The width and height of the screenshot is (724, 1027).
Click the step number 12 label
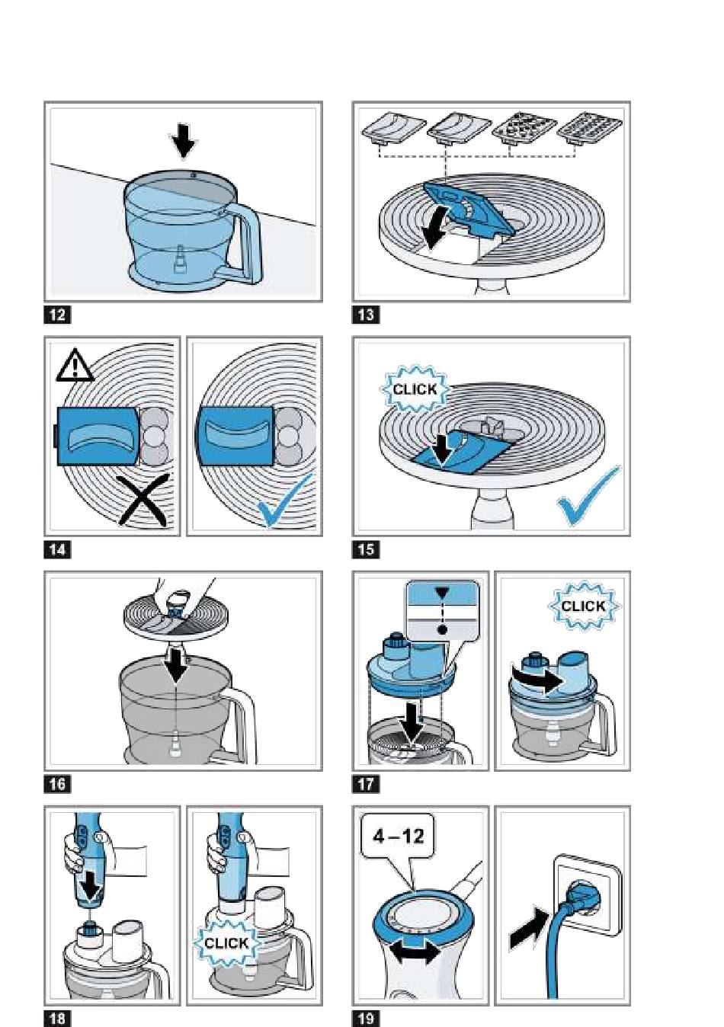point(57,315)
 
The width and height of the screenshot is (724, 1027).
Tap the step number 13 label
point(366,315)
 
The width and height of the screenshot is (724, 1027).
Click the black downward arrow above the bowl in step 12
point(184,141)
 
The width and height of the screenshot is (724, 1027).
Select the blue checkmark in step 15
point(590,497)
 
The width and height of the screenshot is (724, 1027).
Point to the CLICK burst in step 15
point(415,389)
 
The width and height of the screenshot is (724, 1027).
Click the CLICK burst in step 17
point(583,606)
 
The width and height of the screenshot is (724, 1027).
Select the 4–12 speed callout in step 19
point(398,835)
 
